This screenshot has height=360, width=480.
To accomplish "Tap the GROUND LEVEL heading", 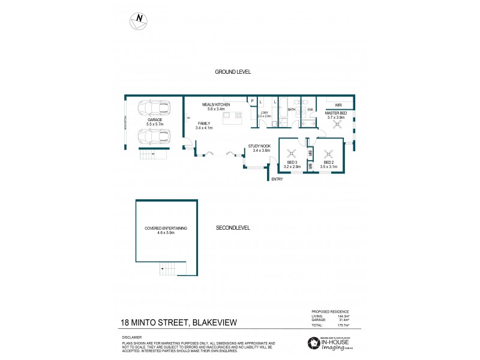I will (233, 72).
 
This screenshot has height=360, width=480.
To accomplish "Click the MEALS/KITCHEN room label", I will (215, 106).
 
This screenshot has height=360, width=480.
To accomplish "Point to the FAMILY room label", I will (204, 125).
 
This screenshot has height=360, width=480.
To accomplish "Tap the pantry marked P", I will (253, 101).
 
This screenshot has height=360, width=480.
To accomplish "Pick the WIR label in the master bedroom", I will (338, 104).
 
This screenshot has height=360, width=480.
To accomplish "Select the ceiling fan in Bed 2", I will (328, 152).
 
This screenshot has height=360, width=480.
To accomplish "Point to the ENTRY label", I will (277, 179).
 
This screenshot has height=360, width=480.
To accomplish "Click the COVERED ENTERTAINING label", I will (166, 230).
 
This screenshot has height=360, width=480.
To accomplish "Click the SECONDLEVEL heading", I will (233, 228).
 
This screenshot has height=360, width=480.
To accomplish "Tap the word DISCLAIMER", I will (133, 337).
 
